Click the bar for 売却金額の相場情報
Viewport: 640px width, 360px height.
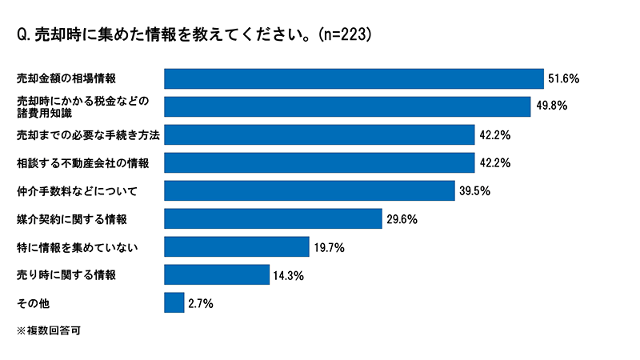click(354, 78)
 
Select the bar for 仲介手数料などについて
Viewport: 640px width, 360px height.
click(310, 190)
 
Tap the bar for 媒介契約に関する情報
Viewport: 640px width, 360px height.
click(272, 218)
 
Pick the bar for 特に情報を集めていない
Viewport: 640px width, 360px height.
click(236, 246)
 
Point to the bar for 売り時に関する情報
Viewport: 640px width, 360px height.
click(216, 274)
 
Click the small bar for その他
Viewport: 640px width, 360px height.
click(174, 302)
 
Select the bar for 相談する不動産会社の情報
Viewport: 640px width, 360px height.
click(319, 162)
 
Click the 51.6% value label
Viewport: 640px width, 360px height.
click(563, 79)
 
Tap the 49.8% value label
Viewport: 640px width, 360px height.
click(550, 107)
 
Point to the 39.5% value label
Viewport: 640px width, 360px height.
click(474, 191)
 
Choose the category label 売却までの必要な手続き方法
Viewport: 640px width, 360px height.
click(88, 135)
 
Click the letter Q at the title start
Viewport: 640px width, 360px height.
click(22, 35)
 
